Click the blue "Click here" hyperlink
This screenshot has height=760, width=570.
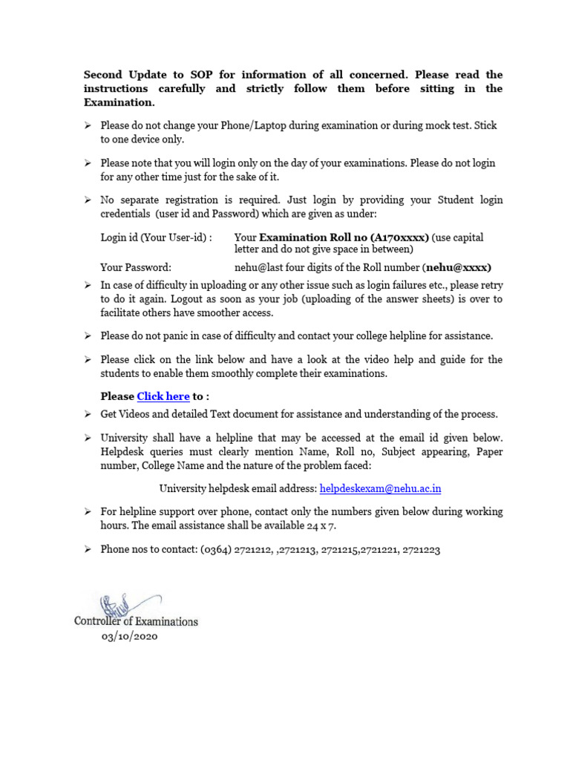click(x=163, y=396)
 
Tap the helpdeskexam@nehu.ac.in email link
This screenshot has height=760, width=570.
click(x=381, y=488)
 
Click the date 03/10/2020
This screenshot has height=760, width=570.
click(x=130, y=637)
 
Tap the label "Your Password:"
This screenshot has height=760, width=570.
click(x=136, y=267)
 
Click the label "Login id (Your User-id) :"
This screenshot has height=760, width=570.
click(x=156, y=237)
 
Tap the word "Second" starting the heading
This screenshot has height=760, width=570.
click(x=103, y=74)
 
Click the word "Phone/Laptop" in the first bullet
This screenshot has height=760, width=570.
click(x=252, y=125)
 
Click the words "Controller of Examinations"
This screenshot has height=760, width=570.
click(x=136, y=621)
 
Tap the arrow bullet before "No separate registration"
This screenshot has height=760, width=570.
click(x=88, y=200)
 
